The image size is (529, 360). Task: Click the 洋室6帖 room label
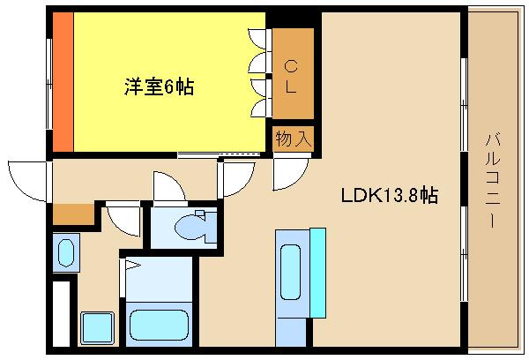click(x=159, y=86)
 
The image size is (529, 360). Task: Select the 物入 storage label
click(x=293, y=139)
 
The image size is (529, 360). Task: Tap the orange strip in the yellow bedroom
click(x=62, y=84)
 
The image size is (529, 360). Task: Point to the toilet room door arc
click(x=167, y=185)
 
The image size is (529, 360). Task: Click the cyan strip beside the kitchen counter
click(x=317, y=271)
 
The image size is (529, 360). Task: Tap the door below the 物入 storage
click(x=287, y=174)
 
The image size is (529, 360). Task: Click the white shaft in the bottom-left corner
click(x=61, y=313)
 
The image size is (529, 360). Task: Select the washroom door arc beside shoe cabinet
click(x=123, y=216)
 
